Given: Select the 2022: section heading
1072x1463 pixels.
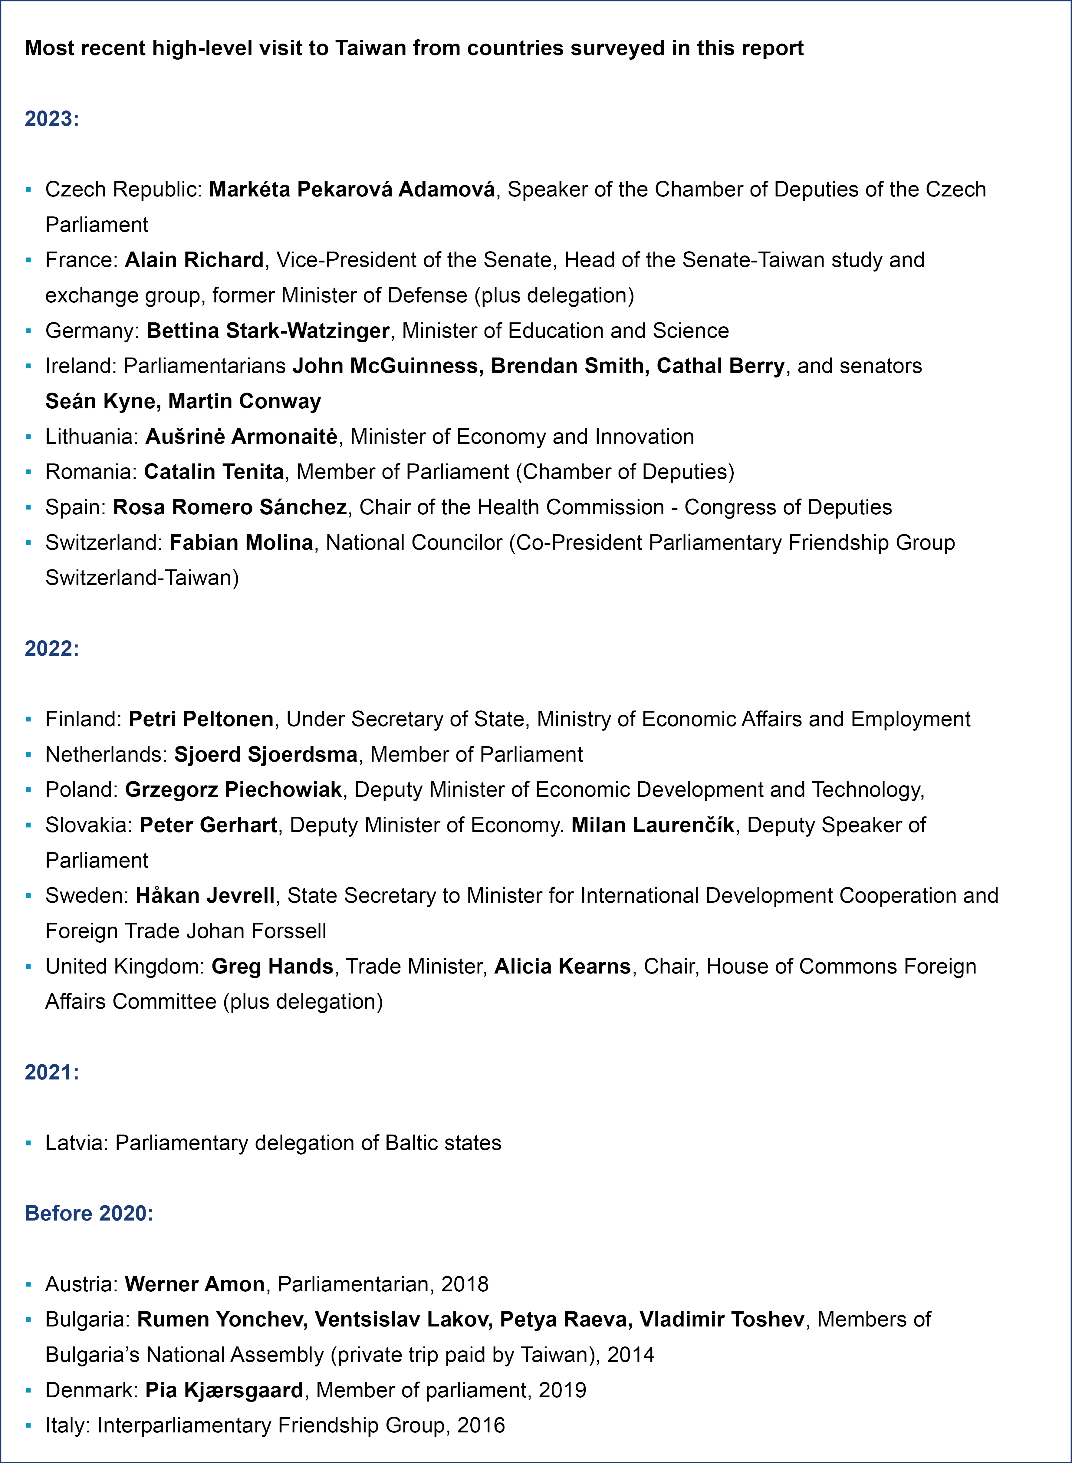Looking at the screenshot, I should pos(52,648).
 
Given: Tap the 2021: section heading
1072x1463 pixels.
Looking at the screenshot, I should pos(52,1072).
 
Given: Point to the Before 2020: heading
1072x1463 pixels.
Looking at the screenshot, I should pos(89,1213).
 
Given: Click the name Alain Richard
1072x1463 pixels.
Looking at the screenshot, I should pos(194,260).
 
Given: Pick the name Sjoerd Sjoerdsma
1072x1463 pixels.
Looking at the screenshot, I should pos(265,754).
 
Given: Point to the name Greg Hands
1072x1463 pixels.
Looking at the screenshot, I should pos(273,967).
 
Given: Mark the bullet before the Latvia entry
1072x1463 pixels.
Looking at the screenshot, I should pos(28,1143).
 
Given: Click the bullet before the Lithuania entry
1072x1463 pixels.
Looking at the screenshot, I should pos(28,437).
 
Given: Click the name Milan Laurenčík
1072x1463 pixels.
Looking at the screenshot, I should pos(652,825).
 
